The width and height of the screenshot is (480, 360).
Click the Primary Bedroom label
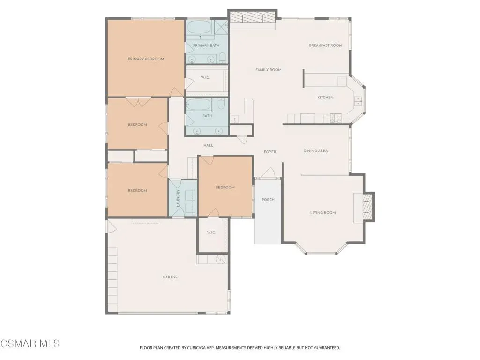coord(146,59)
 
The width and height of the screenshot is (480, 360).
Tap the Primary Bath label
coord(206,45)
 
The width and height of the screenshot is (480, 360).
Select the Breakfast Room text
coord(325,45)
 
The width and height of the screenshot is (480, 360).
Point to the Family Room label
coord(269,70)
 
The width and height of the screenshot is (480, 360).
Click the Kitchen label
coord(325,97)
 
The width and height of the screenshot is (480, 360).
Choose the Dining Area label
coord(315,150)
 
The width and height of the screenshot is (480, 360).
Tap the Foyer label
coord(270,152)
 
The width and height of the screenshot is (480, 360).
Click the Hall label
coord(209,145)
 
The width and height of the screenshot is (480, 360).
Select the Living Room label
coord(323,212)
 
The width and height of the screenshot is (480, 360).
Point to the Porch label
coord(268,200)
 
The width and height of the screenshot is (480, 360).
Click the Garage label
coord(170,277)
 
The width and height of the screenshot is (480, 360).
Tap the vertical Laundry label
coord(178,198)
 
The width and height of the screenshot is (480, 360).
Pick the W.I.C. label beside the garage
coord(211,232)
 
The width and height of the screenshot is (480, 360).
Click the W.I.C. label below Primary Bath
coord(205,77)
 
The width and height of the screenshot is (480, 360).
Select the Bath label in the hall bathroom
coord(207,116)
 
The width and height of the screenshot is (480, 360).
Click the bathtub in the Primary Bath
coord(199,28)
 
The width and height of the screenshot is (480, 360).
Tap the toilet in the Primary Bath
coord(223,58)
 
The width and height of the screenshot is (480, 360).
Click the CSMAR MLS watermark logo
coord(30,344)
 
